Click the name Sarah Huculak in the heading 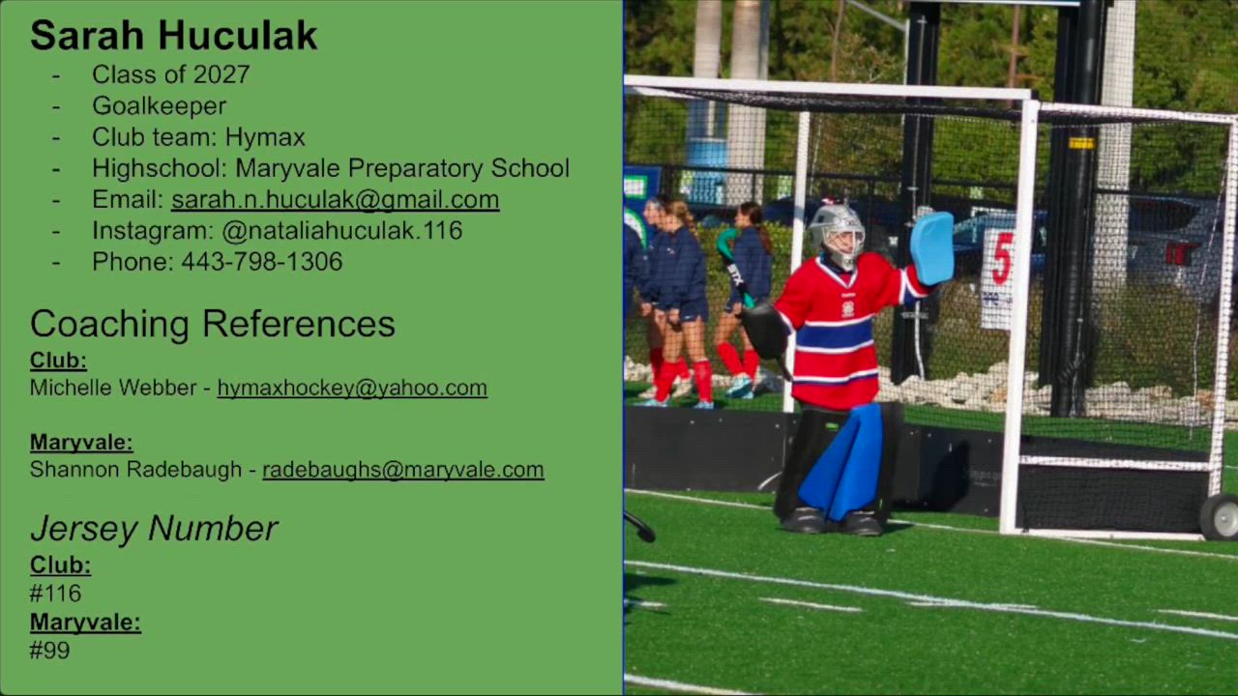[x=173, y=36]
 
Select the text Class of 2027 [x=171, y=74]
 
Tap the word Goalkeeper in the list [x=160, y=106]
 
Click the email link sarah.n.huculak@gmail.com [x=335, y=200]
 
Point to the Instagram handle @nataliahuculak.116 [x=342, y=231]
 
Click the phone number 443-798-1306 [x=262, y=262]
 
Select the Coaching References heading [x=212, y=324]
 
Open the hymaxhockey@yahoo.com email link [x=352, y=389]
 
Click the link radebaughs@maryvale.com [x=403, y=470]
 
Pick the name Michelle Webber [x=113, y=388]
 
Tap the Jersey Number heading [x=154, y=529]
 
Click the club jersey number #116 [x=55, y=594]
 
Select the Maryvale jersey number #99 [x=49, y=651]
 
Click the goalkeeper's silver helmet [x=837, y=235]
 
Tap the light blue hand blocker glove [x=931, y=248]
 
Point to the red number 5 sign [x=1001, y=258]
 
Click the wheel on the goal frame [x=1221, y=517]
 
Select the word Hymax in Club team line [x=265, y=137]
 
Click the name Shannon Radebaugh [x=136, y=470]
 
